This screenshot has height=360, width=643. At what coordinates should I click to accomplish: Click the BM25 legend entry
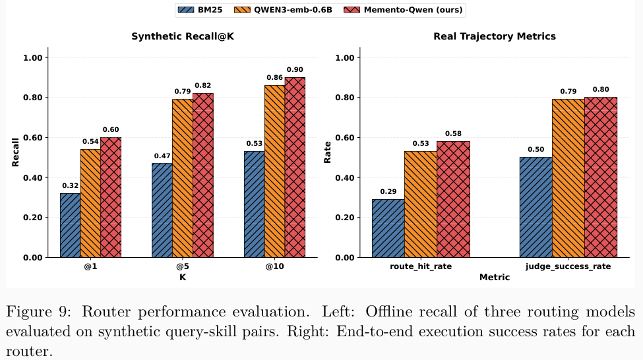tap(208, 10)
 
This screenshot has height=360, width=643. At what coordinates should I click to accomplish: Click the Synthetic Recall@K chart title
tap(183, 36)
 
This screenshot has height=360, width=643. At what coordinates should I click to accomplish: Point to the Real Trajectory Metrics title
tap(494, 36)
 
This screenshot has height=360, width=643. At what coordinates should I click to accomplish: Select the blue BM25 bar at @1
tap(71, 225)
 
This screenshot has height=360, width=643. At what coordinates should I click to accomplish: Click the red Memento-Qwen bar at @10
tap(295, 167)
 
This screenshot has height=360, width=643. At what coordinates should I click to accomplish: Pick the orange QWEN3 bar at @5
tap(183, 178)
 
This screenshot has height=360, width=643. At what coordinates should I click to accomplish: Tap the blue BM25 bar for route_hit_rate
tap(388, 228)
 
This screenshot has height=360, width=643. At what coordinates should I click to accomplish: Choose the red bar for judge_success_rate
tap(601, 177)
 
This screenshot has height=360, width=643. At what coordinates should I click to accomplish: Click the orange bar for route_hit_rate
tap(420, 204)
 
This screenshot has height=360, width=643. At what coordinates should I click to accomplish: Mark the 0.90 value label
tap(295, 69)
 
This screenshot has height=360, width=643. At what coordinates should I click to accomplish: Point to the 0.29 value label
tap(388, 191)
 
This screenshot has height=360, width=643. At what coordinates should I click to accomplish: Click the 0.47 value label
tap(162, 156)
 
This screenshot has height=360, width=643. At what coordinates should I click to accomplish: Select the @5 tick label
tap(183, 266)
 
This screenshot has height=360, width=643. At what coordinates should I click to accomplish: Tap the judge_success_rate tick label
tap(568, 266)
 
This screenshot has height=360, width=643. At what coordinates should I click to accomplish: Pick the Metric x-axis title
tap(494, 278)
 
